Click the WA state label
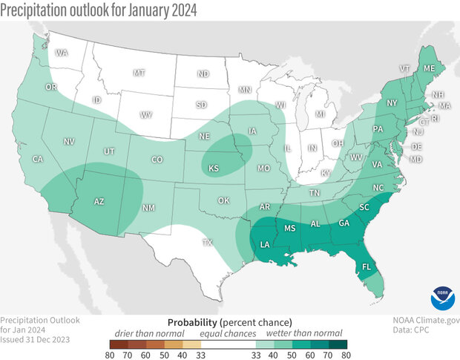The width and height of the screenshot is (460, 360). [x=62, y=53]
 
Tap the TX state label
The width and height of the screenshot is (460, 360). [x=208, y=242]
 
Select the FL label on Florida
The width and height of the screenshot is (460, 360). [x=366, y=267]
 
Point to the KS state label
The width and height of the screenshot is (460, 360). [x=214, y=169]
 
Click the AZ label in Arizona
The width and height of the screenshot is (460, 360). [x=98, y=201]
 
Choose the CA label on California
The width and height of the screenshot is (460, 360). [x=37, y=160]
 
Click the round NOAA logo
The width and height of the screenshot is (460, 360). [x=440, y=301]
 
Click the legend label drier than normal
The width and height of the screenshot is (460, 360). [x=145, y=333]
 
